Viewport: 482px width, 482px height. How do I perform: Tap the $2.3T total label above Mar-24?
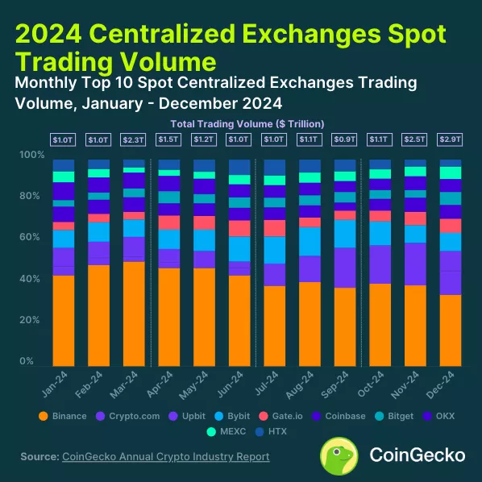click(x=134, y=140)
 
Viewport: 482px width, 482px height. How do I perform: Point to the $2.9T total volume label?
click(x=450, y=140)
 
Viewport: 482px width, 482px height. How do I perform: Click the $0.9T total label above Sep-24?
click(x=344, y=140)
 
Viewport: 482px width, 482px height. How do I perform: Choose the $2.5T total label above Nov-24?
click(x=415, y=140)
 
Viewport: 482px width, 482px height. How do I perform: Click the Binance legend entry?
click(x=64, y=416)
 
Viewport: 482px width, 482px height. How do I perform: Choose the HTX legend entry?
click(x=261, y=432)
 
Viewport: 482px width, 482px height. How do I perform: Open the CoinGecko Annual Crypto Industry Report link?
click(x=165, y=457)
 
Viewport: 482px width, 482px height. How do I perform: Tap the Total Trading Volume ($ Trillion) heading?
click(x=247, y=123)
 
